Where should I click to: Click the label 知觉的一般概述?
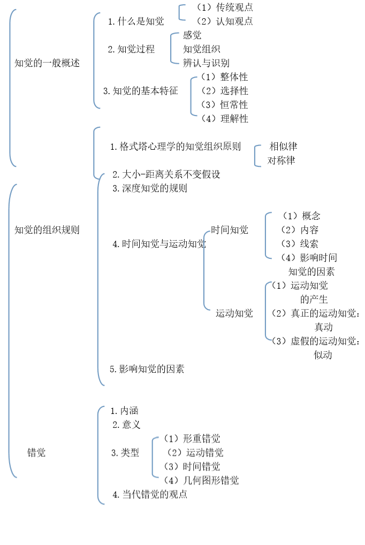[x=47, y=63]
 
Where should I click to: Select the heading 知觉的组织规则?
[x=47, y=230]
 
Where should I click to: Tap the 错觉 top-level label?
[x=36, y=452]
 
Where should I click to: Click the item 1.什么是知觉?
[x=136, y=21]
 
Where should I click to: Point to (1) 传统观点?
[x=225, y=7]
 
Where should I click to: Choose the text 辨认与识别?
[x=206, y=63]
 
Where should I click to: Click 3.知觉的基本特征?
[x=141, y=91]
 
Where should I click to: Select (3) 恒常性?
[x=225, y=105]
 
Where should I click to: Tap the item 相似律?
[x=283, y=147]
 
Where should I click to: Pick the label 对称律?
[x=281, y=160]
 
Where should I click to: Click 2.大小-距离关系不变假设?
[x=166, y=174]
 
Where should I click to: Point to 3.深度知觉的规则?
[x=150, y=188]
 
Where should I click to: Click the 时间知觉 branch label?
[x=230, y=230]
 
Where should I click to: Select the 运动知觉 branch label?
[x=234, y=313]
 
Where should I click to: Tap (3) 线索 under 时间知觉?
[x=300, y=244]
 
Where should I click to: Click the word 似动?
[x=323, y=355]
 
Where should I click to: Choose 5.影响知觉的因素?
[x=147, y=369]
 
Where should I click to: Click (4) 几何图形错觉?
[x=201, y=480]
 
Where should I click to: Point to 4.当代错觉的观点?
[x=150, y=494]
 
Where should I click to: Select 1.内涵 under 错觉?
[x=125, y=410]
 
